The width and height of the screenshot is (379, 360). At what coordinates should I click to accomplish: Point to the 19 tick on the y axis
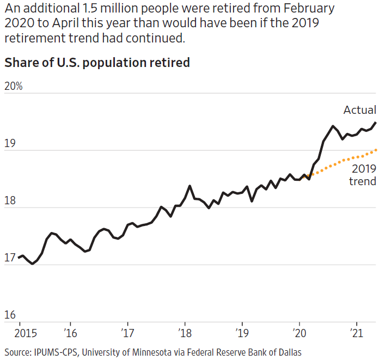10,144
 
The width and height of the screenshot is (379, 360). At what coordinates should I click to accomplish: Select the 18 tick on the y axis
10,202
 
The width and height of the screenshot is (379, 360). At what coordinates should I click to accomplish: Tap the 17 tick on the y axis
10,259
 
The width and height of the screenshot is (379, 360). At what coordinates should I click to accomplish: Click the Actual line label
359,110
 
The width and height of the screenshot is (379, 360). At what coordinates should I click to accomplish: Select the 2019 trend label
362,175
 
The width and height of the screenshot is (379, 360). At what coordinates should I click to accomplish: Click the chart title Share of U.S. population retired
97,63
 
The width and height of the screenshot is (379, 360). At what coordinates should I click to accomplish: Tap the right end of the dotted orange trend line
376,150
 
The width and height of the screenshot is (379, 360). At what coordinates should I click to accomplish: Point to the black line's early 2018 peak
189,186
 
